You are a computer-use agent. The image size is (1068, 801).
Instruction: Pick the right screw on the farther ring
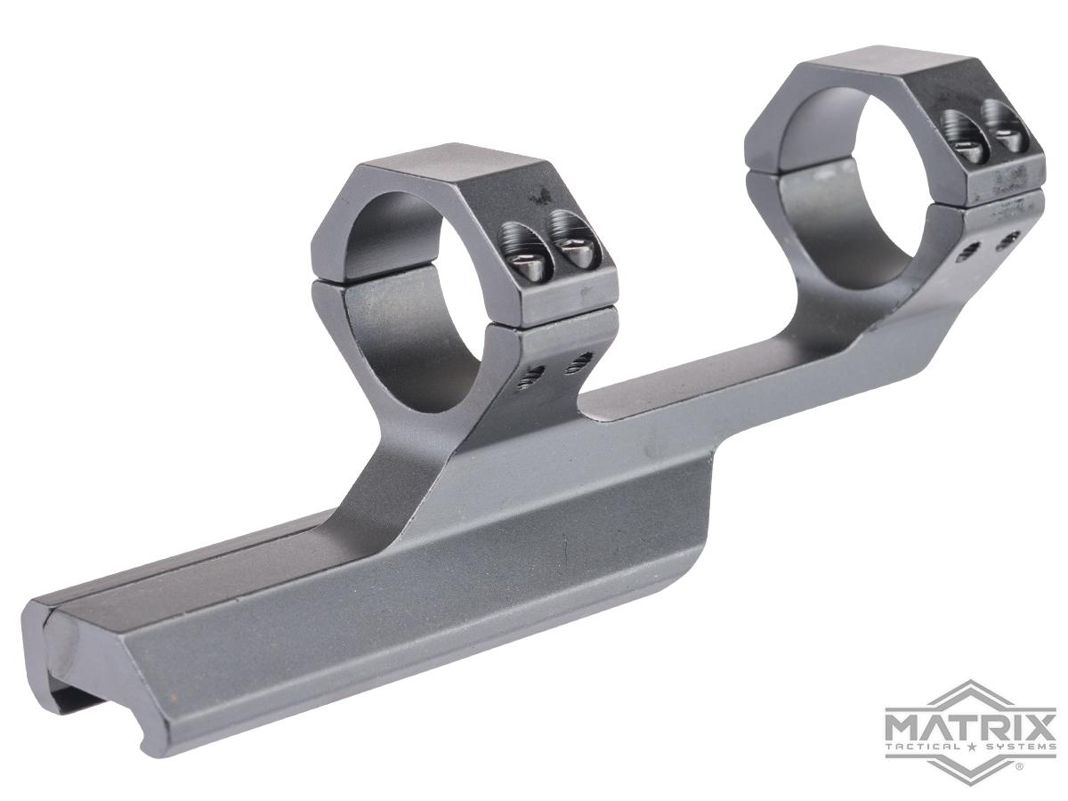pyautogui.click(x=1004, y=134)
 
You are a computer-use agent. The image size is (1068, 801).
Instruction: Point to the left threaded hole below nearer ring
pyautogui.click(x=536, y=374)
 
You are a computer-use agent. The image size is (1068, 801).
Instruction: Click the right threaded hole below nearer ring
pyautogui.click(x=581, y=360)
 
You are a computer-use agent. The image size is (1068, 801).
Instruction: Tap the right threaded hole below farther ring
pyautogui.click(x=1007, y=239)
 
